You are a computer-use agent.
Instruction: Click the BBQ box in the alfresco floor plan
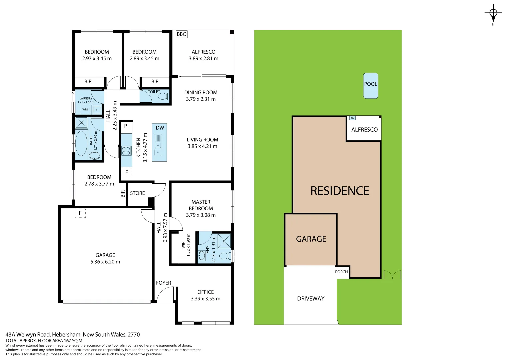(x=182, y=34)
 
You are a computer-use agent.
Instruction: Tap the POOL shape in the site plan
(x=370, y=85)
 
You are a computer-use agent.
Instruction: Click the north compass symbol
(x=493, y=14)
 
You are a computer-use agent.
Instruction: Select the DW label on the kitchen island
(x=160, y=128)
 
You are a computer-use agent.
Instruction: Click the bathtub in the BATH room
(x=81, y=143)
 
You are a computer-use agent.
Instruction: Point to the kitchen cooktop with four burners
(x=126, y=151)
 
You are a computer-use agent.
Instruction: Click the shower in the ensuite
(x=224, y=241)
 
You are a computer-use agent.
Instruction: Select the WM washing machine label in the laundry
(x=85, y=109)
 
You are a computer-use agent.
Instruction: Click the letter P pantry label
(x=126, y=126)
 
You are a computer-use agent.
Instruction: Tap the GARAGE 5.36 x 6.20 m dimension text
(x=105, y=262)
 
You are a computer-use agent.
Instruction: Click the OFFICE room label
(x=205, y=292)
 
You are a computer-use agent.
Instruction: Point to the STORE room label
(x=137, y=193)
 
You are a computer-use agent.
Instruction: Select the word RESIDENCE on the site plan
(x=340, y=191)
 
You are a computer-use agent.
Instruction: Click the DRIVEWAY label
(x=311, y=299)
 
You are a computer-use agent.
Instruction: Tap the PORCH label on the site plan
(x=341, y=272)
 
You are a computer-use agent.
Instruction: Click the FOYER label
(x=163, y=283)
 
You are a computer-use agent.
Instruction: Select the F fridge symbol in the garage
(x=80, y=213)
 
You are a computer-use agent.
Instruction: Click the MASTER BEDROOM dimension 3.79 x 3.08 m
(x=201, y=215)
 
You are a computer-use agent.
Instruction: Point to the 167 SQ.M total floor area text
(x=73, y=341)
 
